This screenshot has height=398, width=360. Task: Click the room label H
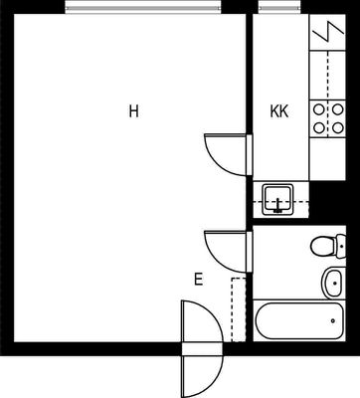tap(133, 111)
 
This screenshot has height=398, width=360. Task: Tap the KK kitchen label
tap(279, 111)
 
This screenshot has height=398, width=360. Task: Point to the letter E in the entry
tap(198, 280)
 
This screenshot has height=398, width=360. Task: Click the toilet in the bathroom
tap(328, 246)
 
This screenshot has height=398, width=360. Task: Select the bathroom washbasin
tap(332, 283)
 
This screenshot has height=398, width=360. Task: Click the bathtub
tap(299, 320)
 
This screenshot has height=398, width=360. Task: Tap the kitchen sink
tap(277, 199)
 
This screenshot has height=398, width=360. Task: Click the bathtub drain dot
tap(333, 320)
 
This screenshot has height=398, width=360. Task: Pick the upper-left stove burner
tap(319, 109)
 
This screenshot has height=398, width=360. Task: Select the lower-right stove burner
tap(337, 127)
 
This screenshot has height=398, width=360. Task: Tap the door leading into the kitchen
tap(228, 154)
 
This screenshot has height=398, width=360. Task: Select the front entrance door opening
tap(202, 349)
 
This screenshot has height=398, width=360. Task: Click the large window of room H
tap(143, 7)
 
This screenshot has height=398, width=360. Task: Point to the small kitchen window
tap(279, 7)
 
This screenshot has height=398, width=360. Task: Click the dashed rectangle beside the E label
tap(239, 309)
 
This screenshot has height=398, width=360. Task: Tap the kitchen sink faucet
tap(277, 205)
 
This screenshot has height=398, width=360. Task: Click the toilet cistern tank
tap(341, 246)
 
